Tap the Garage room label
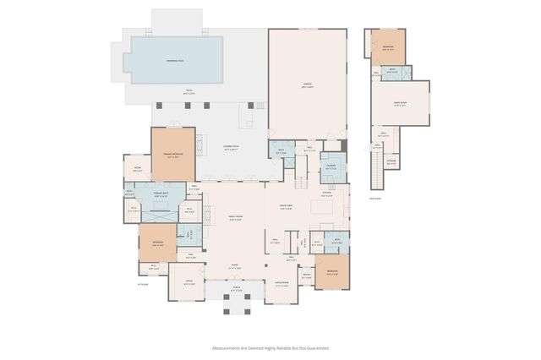coord(308,85)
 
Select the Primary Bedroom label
coord(172,155)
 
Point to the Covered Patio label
coord(231,149)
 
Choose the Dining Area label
coord(286,207)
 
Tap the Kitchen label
coord(326,194)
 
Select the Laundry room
coord(332,167)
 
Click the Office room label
coord(189,283)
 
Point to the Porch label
coord(237,291)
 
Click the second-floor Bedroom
coord(388,47)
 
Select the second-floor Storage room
coord(391,162)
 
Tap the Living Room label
coord(282,283)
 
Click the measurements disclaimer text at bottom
coord(270,347)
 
